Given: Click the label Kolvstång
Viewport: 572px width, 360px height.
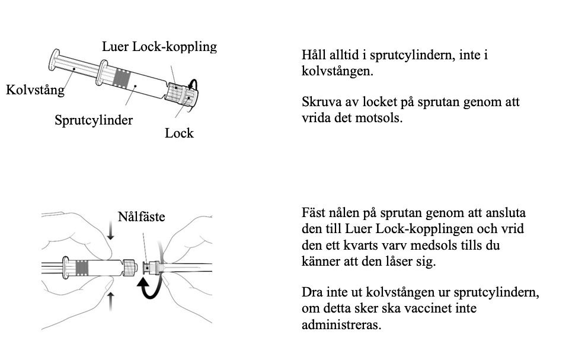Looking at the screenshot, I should [x=35, y=91].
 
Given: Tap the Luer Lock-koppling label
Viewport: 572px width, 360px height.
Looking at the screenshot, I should [x=159, y=46].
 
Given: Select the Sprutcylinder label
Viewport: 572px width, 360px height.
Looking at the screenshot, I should [x=94, y=120].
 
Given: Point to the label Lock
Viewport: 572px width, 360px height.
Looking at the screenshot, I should [x=179, y=133].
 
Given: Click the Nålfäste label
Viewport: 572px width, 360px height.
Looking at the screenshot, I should [x=141, y=217].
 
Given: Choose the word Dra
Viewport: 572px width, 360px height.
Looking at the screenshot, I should [x=312, y=294].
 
